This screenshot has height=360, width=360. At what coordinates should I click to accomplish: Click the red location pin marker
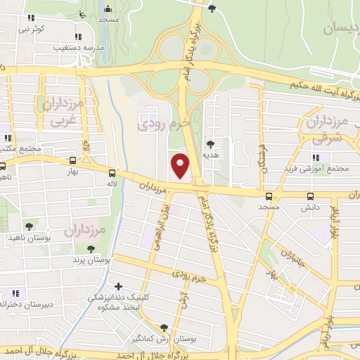pyautogui.click(x=181, y=165)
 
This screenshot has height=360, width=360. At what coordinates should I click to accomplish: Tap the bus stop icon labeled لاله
pyautogui.click(x=112, y=172)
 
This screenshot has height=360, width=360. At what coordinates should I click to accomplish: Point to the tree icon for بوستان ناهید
pyautogui.click(x=29, y=226)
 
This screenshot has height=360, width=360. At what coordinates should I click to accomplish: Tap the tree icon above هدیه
pyautogui.click(x=210, y=143)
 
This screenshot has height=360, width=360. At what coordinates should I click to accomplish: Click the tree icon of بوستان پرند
pyautogui.click(x=89, y=249)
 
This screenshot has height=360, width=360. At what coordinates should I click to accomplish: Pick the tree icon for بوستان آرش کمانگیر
pyautogui.click(x=164, y=328)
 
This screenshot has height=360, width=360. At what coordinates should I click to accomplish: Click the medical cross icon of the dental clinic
pyautogui.click(x=117, y=287)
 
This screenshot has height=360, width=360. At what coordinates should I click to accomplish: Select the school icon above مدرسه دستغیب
pyautogui.click(x=77, y=37)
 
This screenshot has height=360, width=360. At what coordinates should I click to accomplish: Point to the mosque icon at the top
pyautogui.click(x=108, y=9)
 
